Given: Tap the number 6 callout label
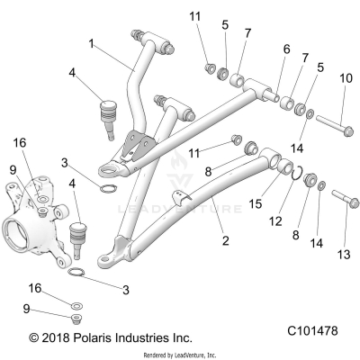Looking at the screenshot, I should (x=286, y=49).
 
